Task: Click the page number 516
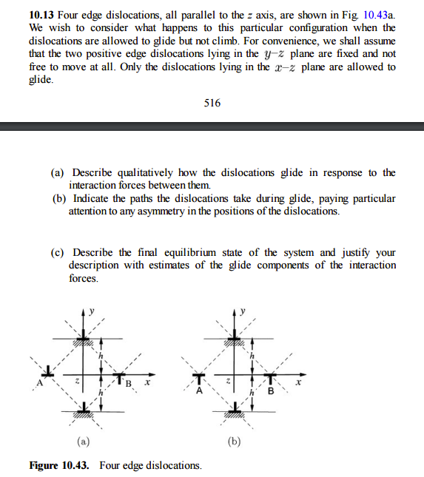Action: pyautogui.click(x=212, y=103)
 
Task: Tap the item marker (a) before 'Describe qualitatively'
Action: pyautogui.click(x=58, y=172)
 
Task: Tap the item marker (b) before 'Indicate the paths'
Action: pyautogui.click(x=58, y=199)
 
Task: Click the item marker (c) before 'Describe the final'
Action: pyautogui.click(x=58, y=252)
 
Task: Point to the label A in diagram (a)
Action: pyautogui.click(x=41, y=383)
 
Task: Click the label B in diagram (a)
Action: pyautogui.click(x=129, y=384)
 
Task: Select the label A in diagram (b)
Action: pyautogui.click(x=198, y=392)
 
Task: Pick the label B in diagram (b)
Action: pyautogui.click(x=271, y=392)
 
